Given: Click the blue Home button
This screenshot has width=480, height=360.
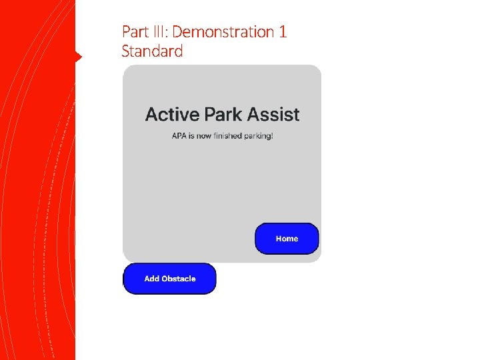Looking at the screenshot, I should pos(287,239).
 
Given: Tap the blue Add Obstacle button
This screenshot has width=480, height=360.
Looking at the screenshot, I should pos(170,279).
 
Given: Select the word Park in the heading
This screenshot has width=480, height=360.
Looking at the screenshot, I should pos(223,115).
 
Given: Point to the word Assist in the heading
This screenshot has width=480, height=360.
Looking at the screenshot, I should pos(273,115).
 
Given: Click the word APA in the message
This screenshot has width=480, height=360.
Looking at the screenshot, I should pos(179,136).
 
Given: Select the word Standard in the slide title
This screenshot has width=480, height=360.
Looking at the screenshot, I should pos(152,51).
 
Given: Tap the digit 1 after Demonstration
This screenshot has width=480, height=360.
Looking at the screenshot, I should pos(283,32).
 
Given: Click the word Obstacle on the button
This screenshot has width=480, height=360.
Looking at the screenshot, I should pos(179,279).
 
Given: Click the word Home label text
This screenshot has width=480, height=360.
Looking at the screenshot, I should pos(287,239).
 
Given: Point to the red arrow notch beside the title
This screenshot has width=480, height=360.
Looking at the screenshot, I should pos(78,57).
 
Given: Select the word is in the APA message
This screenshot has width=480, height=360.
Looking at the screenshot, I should pos(191,136).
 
